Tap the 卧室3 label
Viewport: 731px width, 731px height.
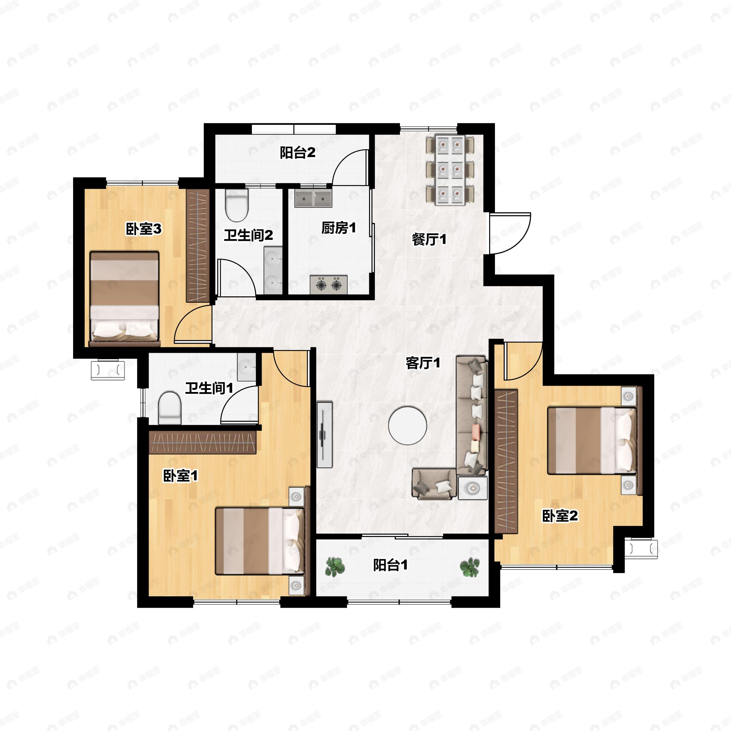(144, 229)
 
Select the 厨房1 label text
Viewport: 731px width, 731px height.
(339, 228)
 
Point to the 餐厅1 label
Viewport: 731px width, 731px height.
(429, 239)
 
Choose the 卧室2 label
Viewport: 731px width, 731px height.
(560, 515)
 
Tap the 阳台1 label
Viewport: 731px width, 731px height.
(390, 565)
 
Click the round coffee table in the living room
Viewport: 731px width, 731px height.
(408, 425)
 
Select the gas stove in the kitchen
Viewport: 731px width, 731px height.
(328, 284)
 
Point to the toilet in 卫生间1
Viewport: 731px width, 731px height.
(170, 408)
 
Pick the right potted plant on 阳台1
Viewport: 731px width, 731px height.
(470, 567)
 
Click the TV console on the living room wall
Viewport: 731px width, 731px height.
(325, 435)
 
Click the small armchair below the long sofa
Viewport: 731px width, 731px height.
(434, 484)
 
